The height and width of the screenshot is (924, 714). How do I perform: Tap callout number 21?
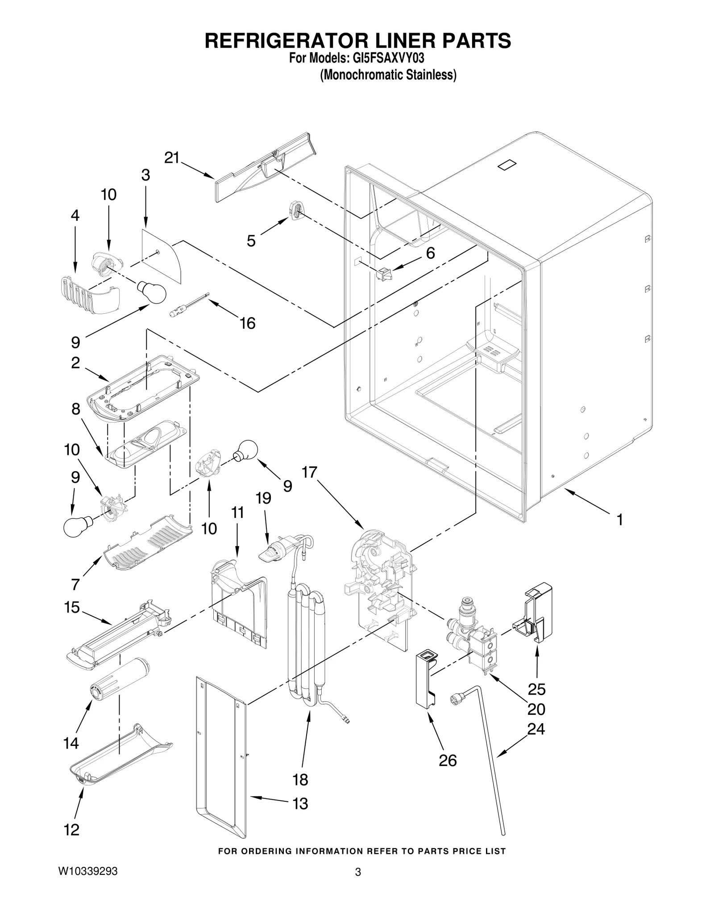[x=172, y=158]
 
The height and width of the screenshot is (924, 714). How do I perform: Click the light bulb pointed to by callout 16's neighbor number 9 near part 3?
[x=152, y=292]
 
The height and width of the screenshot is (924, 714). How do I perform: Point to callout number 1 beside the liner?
[x=619, y=519]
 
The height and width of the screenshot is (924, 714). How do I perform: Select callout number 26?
[x=448, y=761]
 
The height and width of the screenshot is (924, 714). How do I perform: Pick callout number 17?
[x=309, y=472]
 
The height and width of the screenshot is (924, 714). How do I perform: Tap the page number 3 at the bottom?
[x=357, y=884]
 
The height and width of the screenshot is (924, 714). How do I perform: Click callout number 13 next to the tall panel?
[x=300, y=804]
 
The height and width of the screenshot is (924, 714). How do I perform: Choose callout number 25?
[x=537, y=689]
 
